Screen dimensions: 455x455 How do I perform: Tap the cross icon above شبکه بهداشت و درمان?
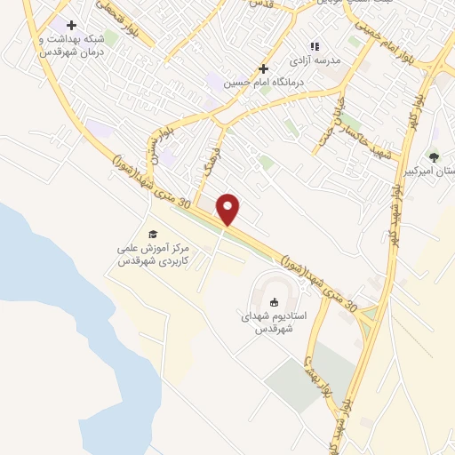point(71,25)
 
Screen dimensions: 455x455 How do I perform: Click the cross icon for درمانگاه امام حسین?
point(262,68)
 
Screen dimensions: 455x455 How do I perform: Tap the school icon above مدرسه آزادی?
point(314,46)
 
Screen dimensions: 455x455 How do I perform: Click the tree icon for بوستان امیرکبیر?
point(434,157)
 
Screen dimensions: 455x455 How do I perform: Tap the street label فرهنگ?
point(210,165)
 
